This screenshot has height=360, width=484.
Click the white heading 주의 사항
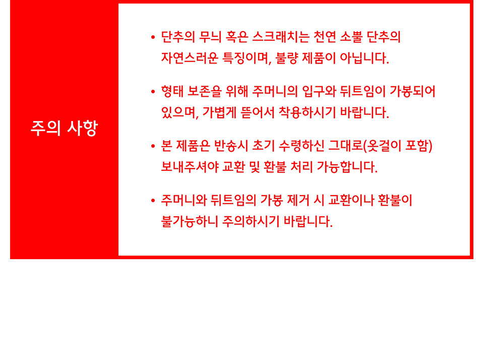pyautogui.click(x=64, y=128)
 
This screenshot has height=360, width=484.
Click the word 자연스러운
pyautogui.click(x=190, y=58)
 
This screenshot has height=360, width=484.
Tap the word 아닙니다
pyautogui.click(x=364, y=58)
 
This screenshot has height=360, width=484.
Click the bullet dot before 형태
pyautogui.click(x=153, y=92)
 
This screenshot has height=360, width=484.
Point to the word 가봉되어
pyautogui.click(x=412, y=92)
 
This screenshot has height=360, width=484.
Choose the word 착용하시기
pyautogui.click(x=307, y=112)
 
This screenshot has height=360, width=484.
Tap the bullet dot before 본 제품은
pyautogui.click(x=153, y=146)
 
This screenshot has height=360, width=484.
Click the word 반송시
pyautogui.click(x=231, y=146)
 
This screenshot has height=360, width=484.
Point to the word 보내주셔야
pyautogui.click(x=190, y=167)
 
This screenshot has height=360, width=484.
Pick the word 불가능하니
pyautogui.click(x=190, y=221)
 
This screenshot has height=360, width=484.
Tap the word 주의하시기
pyautogui.click(x=251, y=221)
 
